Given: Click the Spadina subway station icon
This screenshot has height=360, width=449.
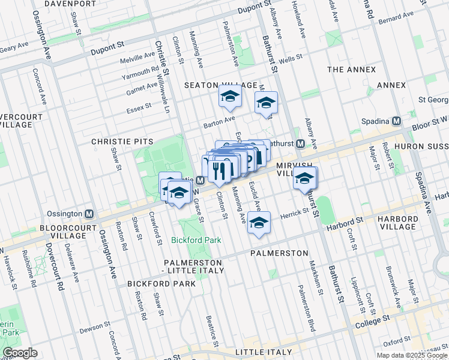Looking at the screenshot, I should pos(396,121).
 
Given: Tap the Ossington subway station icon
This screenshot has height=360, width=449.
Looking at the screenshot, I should pos(89,214).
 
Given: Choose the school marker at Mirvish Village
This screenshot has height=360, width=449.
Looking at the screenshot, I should pos(305,178).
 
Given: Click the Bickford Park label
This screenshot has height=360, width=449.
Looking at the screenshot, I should pos(196,240).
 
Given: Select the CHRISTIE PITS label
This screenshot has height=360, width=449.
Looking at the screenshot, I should pos(122,142).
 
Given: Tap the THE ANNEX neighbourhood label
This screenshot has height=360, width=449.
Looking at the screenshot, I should pos(352,70).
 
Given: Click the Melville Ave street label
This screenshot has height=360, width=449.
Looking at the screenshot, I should pos(137,56).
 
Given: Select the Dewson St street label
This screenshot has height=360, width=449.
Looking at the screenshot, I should pos(95,329).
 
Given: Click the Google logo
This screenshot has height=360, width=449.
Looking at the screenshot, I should pos(20,353).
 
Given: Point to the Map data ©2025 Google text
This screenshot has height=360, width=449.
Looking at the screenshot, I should pos(411,355).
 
